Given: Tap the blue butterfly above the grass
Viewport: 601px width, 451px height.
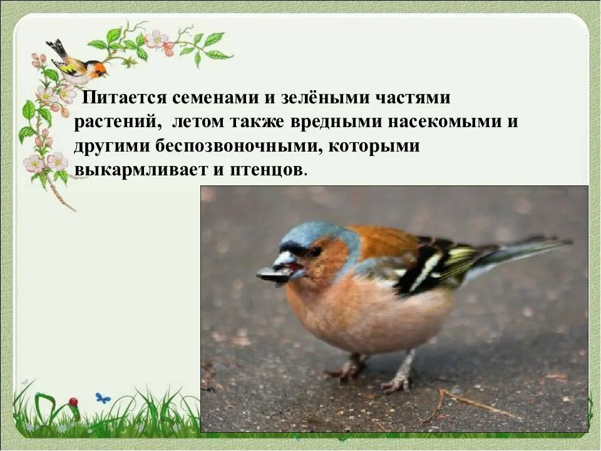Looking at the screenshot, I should pos(103,398).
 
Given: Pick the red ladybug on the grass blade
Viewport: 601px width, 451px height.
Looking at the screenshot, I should pos(73,402).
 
